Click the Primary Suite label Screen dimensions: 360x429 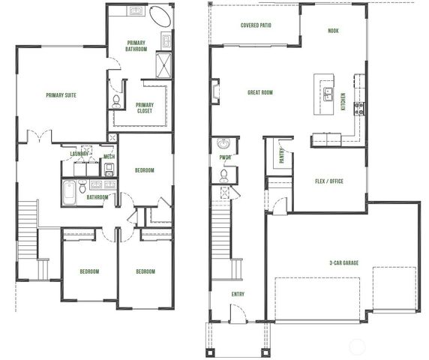point(61,95)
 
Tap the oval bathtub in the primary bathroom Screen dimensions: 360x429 point(160,16)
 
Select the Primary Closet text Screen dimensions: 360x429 point(145,108)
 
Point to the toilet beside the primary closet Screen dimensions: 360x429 point(117,100)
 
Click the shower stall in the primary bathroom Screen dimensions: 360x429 point(165,63)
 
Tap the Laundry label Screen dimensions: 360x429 point(79,154)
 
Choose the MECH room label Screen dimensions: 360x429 point(109,157)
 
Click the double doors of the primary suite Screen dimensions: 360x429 point(39,137)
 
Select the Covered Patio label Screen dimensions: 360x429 point(256,25)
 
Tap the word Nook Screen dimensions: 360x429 point(334,31)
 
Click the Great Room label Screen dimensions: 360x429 point(260,93)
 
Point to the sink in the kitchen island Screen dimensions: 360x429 point(328,93)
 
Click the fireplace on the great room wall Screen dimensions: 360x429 point(215,93)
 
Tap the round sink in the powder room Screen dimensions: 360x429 point(223,144)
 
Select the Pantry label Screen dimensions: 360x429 point(282,154)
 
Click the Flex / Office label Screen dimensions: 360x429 point(330,181)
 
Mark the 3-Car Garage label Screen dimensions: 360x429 point(342,262)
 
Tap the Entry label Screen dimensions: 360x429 point(238,294)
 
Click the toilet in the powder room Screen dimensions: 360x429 point(223,175)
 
